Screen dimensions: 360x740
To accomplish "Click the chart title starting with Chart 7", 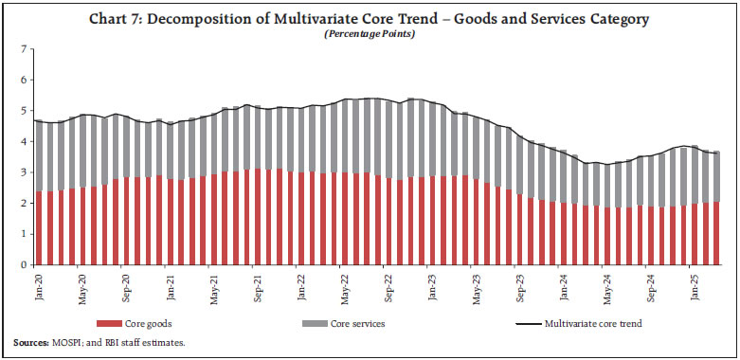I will tap(370, 20).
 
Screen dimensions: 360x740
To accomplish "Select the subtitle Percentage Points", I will tap(370, 34).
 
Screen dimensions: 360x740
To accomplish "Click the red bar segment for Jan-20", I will tap(39, 227).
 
